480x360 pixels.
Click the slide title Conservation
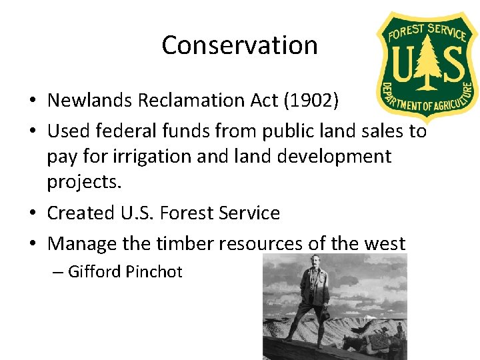(x=239, y=45)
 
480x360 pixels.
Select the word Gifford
(x=95, y=272)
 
